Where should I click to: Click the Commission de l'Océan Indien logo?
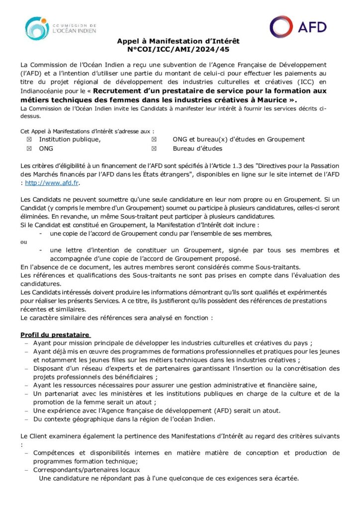click(60, 28)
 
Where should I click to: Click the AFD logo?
click(298, 27)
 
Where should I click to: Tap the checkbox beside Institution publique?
click(29, 140)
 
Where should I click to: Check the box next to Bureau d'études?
click(154, 149)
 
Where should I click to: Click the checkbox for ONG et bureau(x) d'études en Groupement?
click(154, 140)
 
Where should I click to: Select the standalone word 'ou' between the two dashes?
click(24, 242)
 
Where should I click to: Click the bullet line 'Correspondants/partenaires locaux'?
click(87, 470)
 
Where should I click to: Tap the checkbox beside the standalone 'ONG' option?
click(29, 149)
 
